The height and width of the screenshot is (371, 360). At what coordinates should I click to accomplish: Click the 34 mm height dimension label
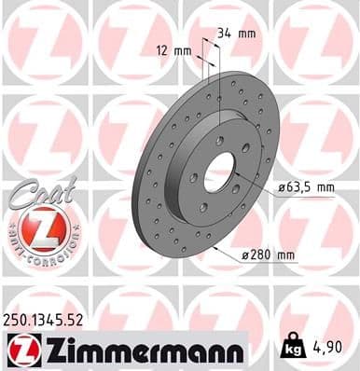pyautogui.click(x=236, y=34)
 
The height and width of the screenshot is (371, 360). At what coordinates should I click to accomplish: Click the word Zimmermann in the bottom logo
pyautogui.click(x=139, y=350)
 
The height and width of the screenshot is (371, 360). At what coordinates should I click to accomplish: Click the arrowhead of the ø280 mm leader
pyautogui.click(x=216, y=248)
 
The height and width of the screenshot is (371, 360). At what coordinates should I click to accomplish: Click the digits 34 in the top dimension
pyautogui.click(x=225, y=34)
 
